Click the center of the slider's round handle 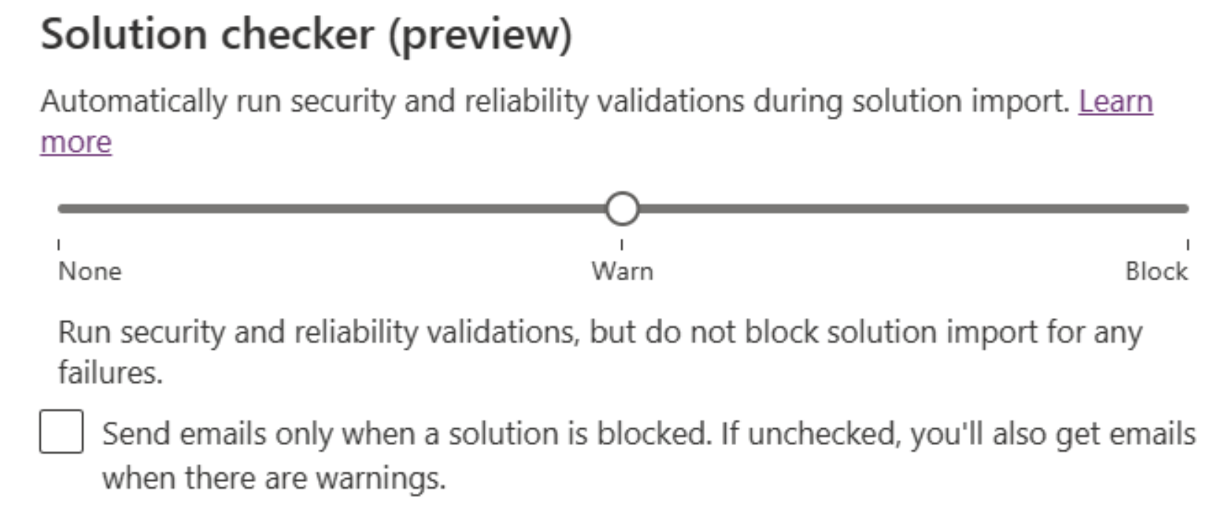point(622,209)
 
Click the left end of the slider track point(58,209)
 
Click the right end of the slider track point(1188,209)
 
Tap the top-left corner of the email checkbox point(40,410)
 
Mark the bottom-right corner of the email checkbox point(84,453)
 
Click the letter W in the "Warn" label point(602,271)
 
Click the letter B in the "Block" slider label point(1132,271)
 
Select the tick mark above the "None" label point(58,245)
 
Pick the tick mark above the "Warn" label point(621,245)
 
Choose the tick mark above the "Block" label point(1188,245)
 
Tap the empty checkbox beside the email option point(61,432)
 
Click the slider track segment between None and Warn point(331,209)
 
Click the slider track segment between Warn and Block point(914,209)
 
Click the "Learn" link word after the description point(1116,101)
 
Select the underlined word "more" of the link point(76,143)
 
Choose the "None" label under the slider point(90,271)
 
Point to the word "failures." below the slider point(110,373)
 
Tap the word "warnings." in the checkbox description point(380,478)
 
